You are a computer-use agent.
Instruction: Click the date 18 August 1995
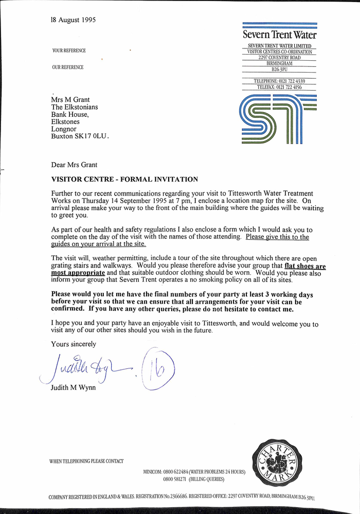(73, 20)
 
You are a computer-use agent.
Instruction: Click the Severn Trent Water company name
(279, 36)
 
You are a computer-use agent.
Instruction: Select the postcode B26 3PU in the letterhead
(279, 69)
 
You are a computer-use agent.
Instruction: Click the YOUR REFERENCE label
(69, 51)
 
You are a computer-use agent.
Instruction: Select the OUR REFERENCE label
(67, 67)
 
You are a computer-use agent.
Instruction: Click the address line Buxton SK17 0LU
(80, 136)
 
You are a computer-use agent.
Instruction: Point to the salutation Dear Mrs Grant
(74, 165)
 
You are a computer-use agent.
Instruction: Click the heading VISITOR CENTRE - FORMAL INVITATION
(124, 180)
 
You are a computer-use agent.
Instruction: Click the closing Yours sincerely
(74, 344)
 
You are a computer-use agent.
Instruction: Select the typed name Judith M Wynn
(74, 388)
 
